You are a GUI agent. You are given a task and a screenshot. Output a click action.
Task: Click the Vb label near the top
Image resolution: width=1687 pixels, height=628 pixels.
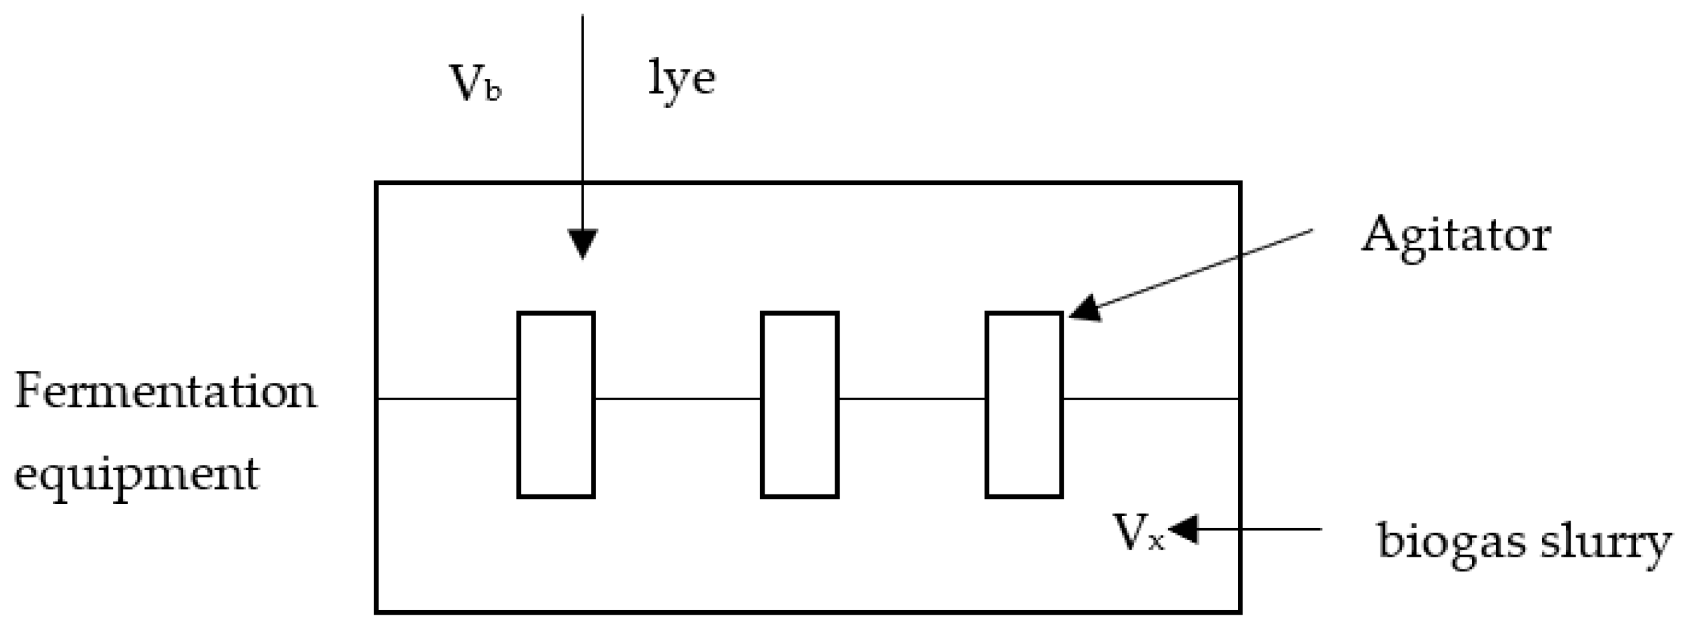pyautogui.click(x=475, y=84)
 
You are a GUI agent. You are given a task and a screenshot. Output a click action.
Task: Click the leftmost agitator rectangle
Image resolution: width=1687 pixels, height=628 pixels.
pyautogui.click(x=556, y=405)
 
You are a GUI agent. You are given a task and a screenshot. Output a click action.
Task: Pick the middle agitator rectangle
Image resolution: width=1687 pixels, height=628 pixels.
pyautogui.click(x=800, y=405)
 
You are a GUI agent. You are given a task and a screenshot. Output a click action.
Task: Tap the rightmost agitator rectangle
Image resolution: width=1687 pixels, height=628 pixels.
pyautogui.click(x=1024, y=405)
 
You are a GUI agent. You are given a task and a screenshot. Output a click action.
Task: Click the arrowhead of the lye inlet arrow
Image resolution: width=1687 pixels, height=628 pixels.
pyautogui.click(x=582, y=244)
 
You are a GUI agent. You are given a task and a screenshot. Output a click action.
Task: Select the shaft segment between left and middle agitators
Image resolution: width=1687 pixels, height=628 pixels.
pyautogui.click(x=678, y=398)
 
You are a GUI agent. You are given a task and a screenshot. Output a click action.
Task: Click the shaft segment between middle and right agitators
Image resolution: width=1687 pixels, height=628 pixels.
pyautogui.click(x=912, y=398)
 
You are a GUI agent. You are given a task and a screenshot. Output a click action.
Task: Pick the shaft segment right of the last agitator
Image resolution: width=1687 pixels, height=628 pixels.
pyautogui.click(x=1151, y=398)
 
